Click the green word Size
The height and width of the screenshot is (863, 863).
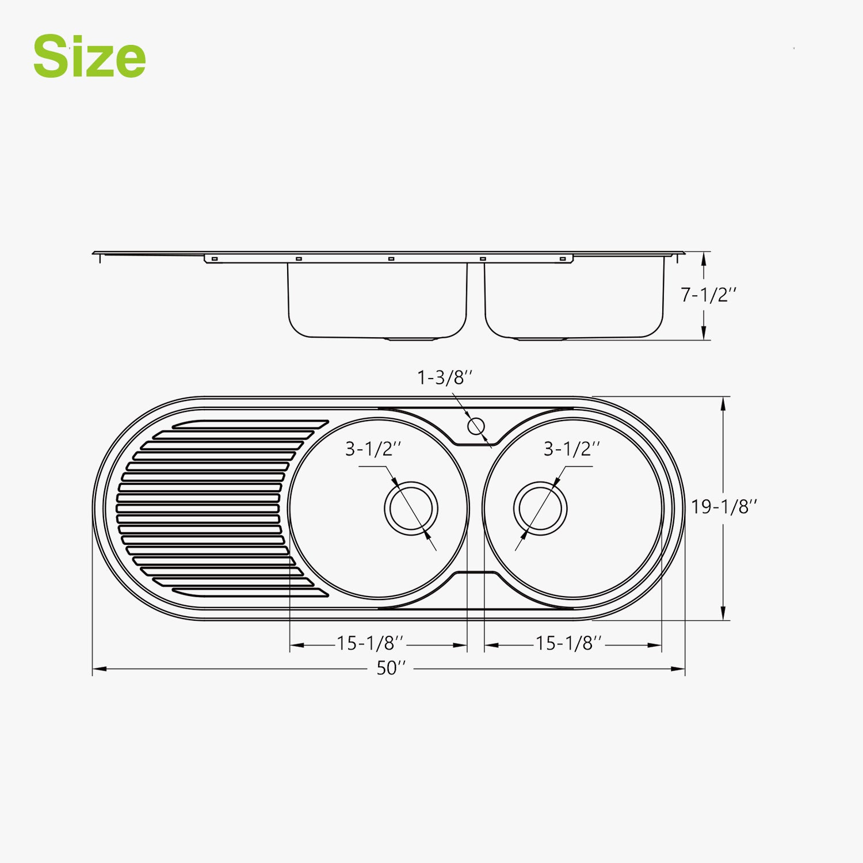click(x=89, y=56)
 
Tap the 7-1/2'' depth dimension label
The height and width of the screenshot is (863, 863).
click(x=708, y=295)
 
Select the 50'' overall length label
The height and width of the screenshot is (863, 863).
click(x=391, y=668)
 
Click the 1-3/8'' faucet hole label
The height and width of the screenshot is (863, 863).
click(x=445, y=377)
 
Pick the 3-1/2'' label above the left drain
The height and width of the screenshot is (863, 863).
click(x=373, y=449)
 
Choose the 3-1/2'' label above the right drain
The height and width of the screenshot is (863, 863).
click(x=572, y=449)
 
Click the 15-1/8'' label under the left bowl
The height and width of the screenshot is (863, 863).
click(x=370, y=643)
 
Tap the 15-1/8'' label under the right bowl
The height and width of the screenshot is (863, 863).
click(x=569, y=643)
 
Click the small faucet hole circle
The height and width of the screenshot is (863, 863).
click(x=476, y=426)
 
